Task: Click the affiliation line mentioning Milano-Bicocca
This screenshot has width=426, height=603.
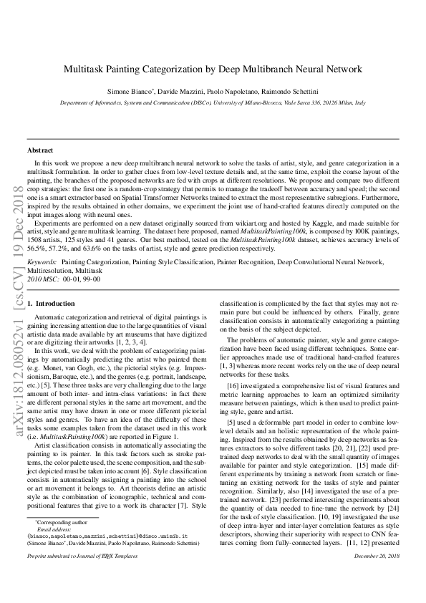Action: coord(213,103)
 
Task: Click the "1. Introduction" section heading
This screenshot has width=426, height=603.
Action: coord(51,304)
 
